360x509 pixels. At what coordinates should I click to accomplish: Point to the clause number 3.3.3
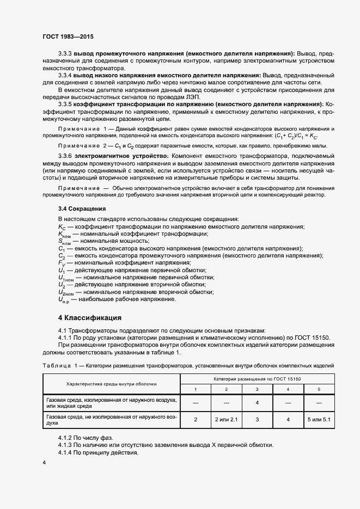[x=65, y=53]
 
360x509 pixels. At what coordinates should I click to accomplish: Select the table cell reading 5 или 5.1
[x=319, y=420]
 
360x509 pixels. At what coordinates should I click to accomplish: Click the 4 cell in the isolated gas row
[x=257, y=403]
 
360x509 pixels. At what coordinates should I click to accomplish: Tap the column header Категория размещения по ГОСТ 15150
[x=257, y=378]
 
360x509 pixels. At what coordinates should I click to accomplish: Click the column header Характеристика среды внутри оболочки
[x=111, y=383]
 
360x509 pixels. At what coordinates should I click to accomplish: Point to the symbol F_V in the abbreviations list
[x=62, y=262]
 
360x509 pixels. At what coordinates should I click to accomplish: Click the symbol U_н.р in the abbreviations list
[x=64, y=299]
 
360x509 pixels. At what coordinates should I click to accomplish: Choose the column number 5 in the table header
[x=319, y=389]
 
